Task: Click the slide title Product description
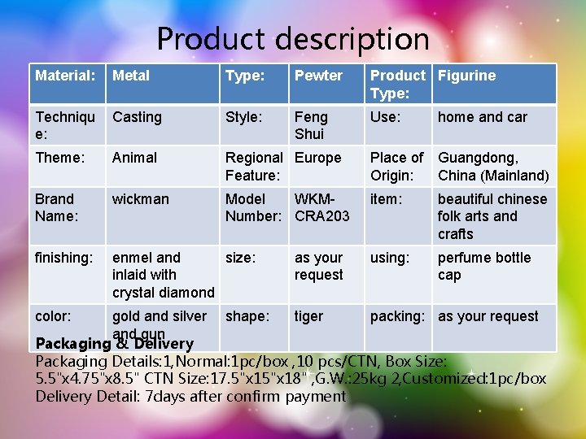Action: pyautogui.click(x=293, y=38)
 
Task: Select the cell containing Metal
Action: pyautogui.click(x=131, y=76)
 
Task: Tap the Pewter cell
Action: pyautogui.click(x=318, y=76)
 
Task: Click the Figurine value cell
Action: pyautogui.click(x=466, y=76)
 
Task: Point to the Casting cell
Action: pyautogui.click(x=137, y=117)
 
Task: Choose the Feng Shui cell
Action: pyautogui.click(x=311, y=125)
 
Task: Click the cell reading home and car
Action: pyautogui.click(x=483, y=117)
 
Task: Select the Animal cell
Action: pyautogui.click(x=134, y=158)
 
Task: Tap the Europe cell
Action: pyautogui.click(x=318, y=158)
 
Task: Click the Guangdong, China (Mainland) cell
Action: pyautogui.click(x=493, y=167)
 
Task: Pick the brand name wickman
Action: pyautogui.click(x=140, y=199)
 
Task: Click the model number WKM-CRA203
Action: pyautogui.click(x=321, y=207)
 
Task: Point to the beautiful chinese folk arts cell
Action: pyautogui.click(x=492, y=216)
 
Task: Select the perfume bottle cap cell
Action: pyautogui.click(x=483, y=267)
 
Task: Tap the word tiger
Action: pyautogui.click(x=308, y=316)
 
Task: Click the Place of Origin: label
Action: pyautogui.click(x=396, y=167)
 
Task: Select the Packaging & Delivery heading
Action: pyautogui.click(x=114, y=343)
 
